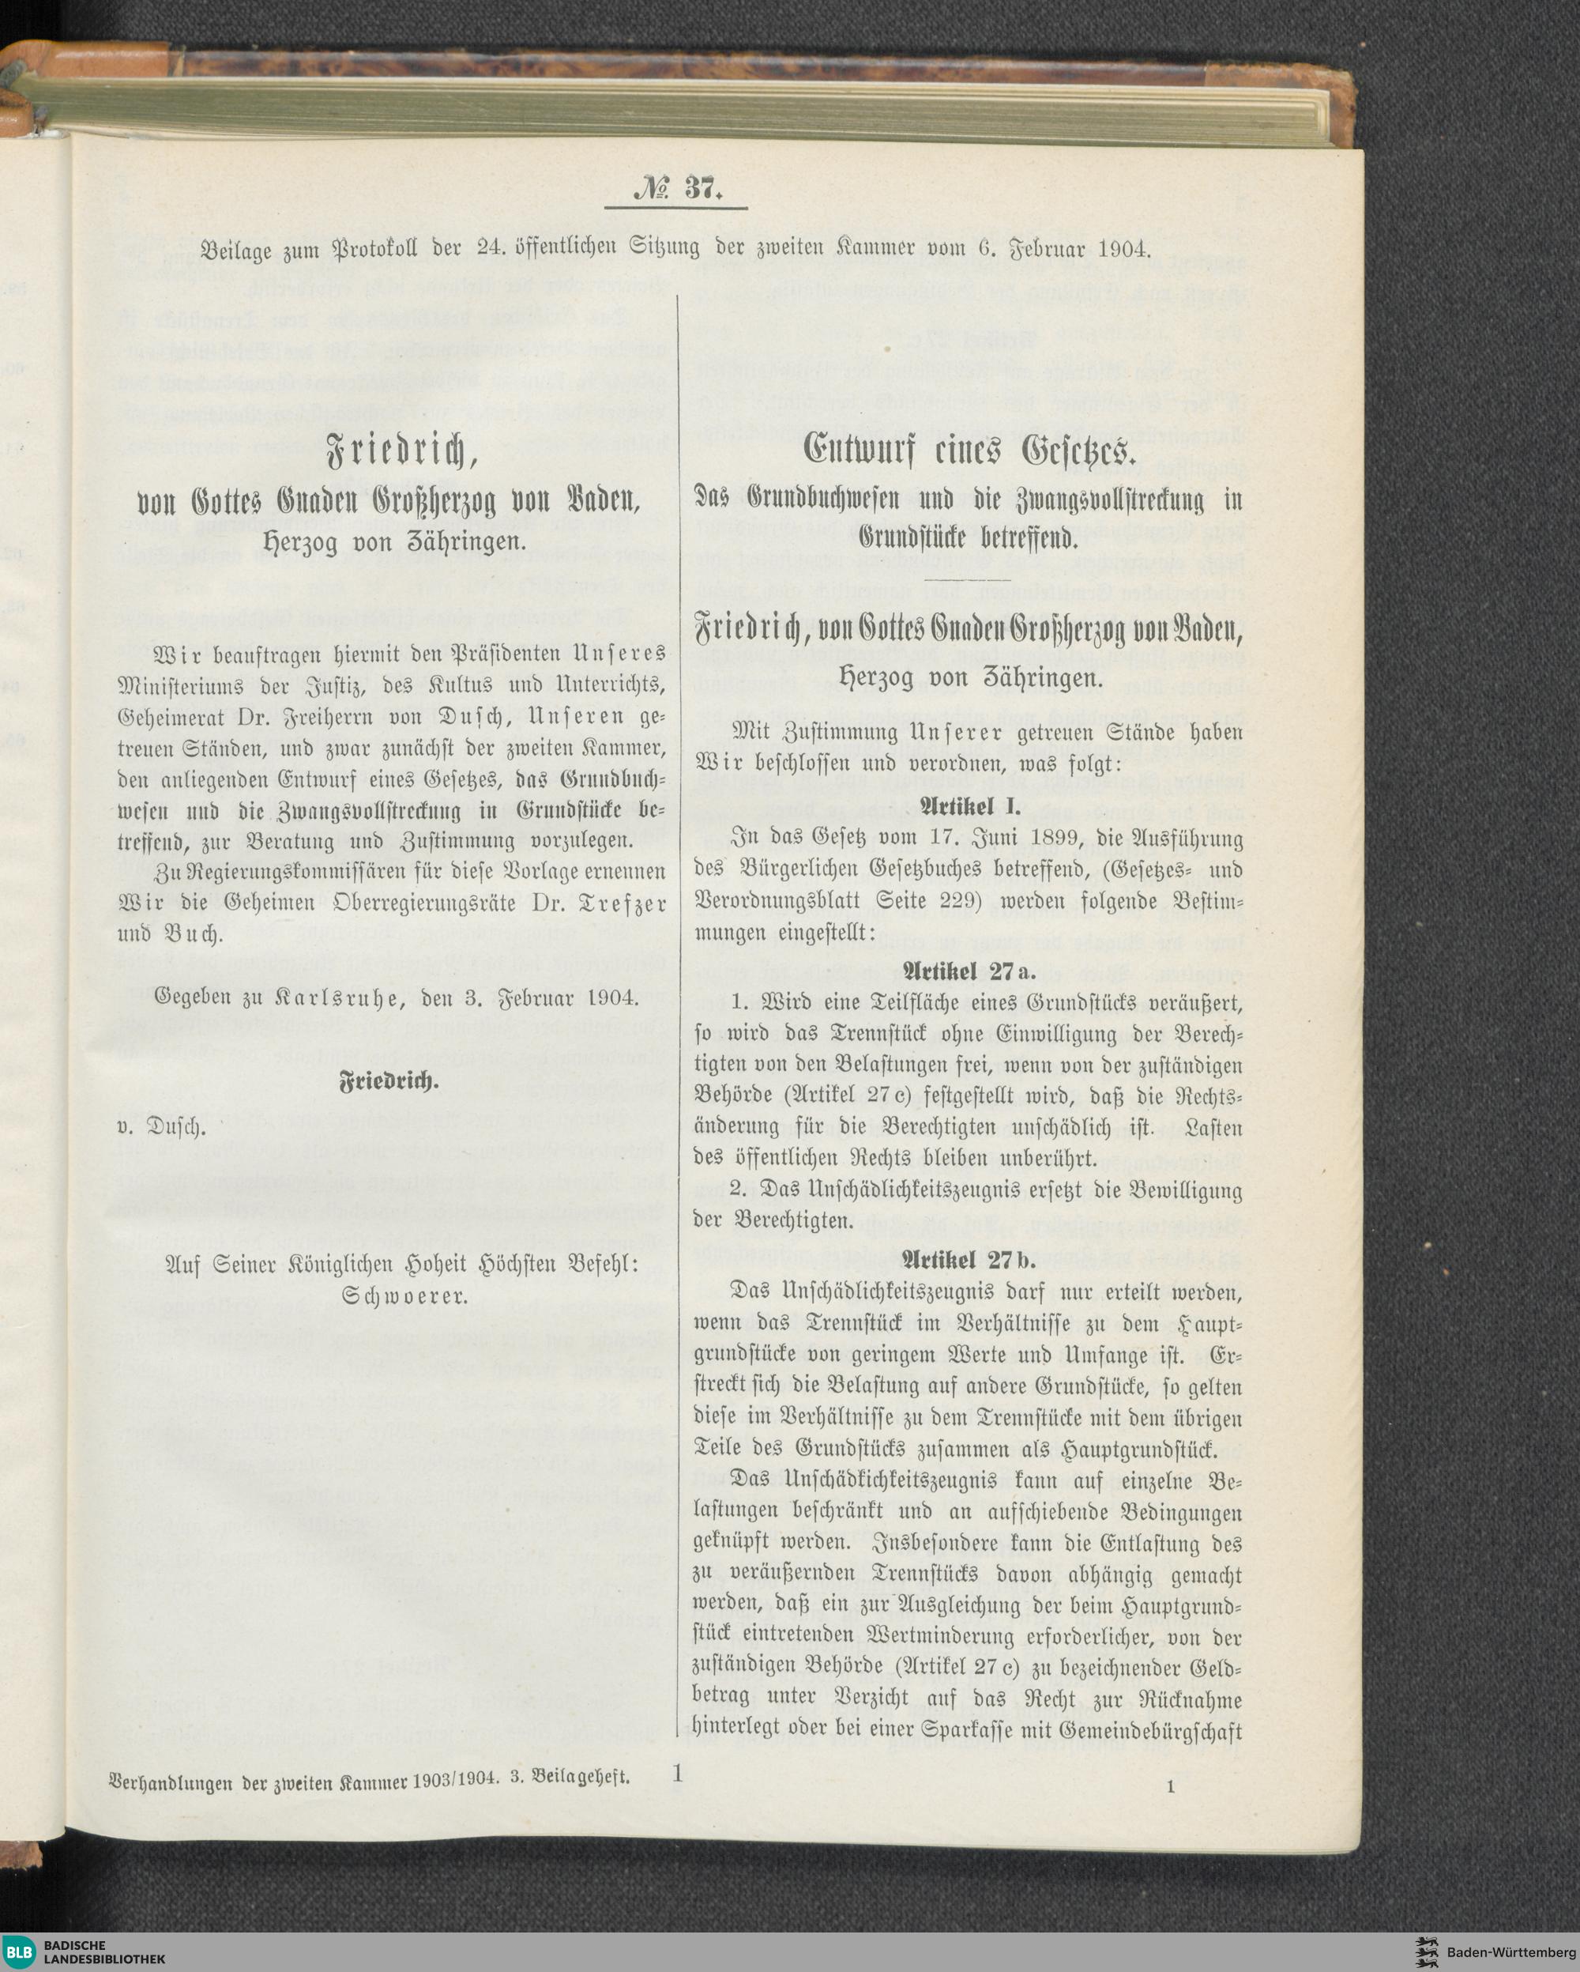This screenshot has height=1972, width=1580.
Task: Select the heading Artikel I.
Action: click(968, 807)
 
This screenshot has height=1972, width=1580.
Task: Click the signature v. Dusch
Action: click(162, 1127)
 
